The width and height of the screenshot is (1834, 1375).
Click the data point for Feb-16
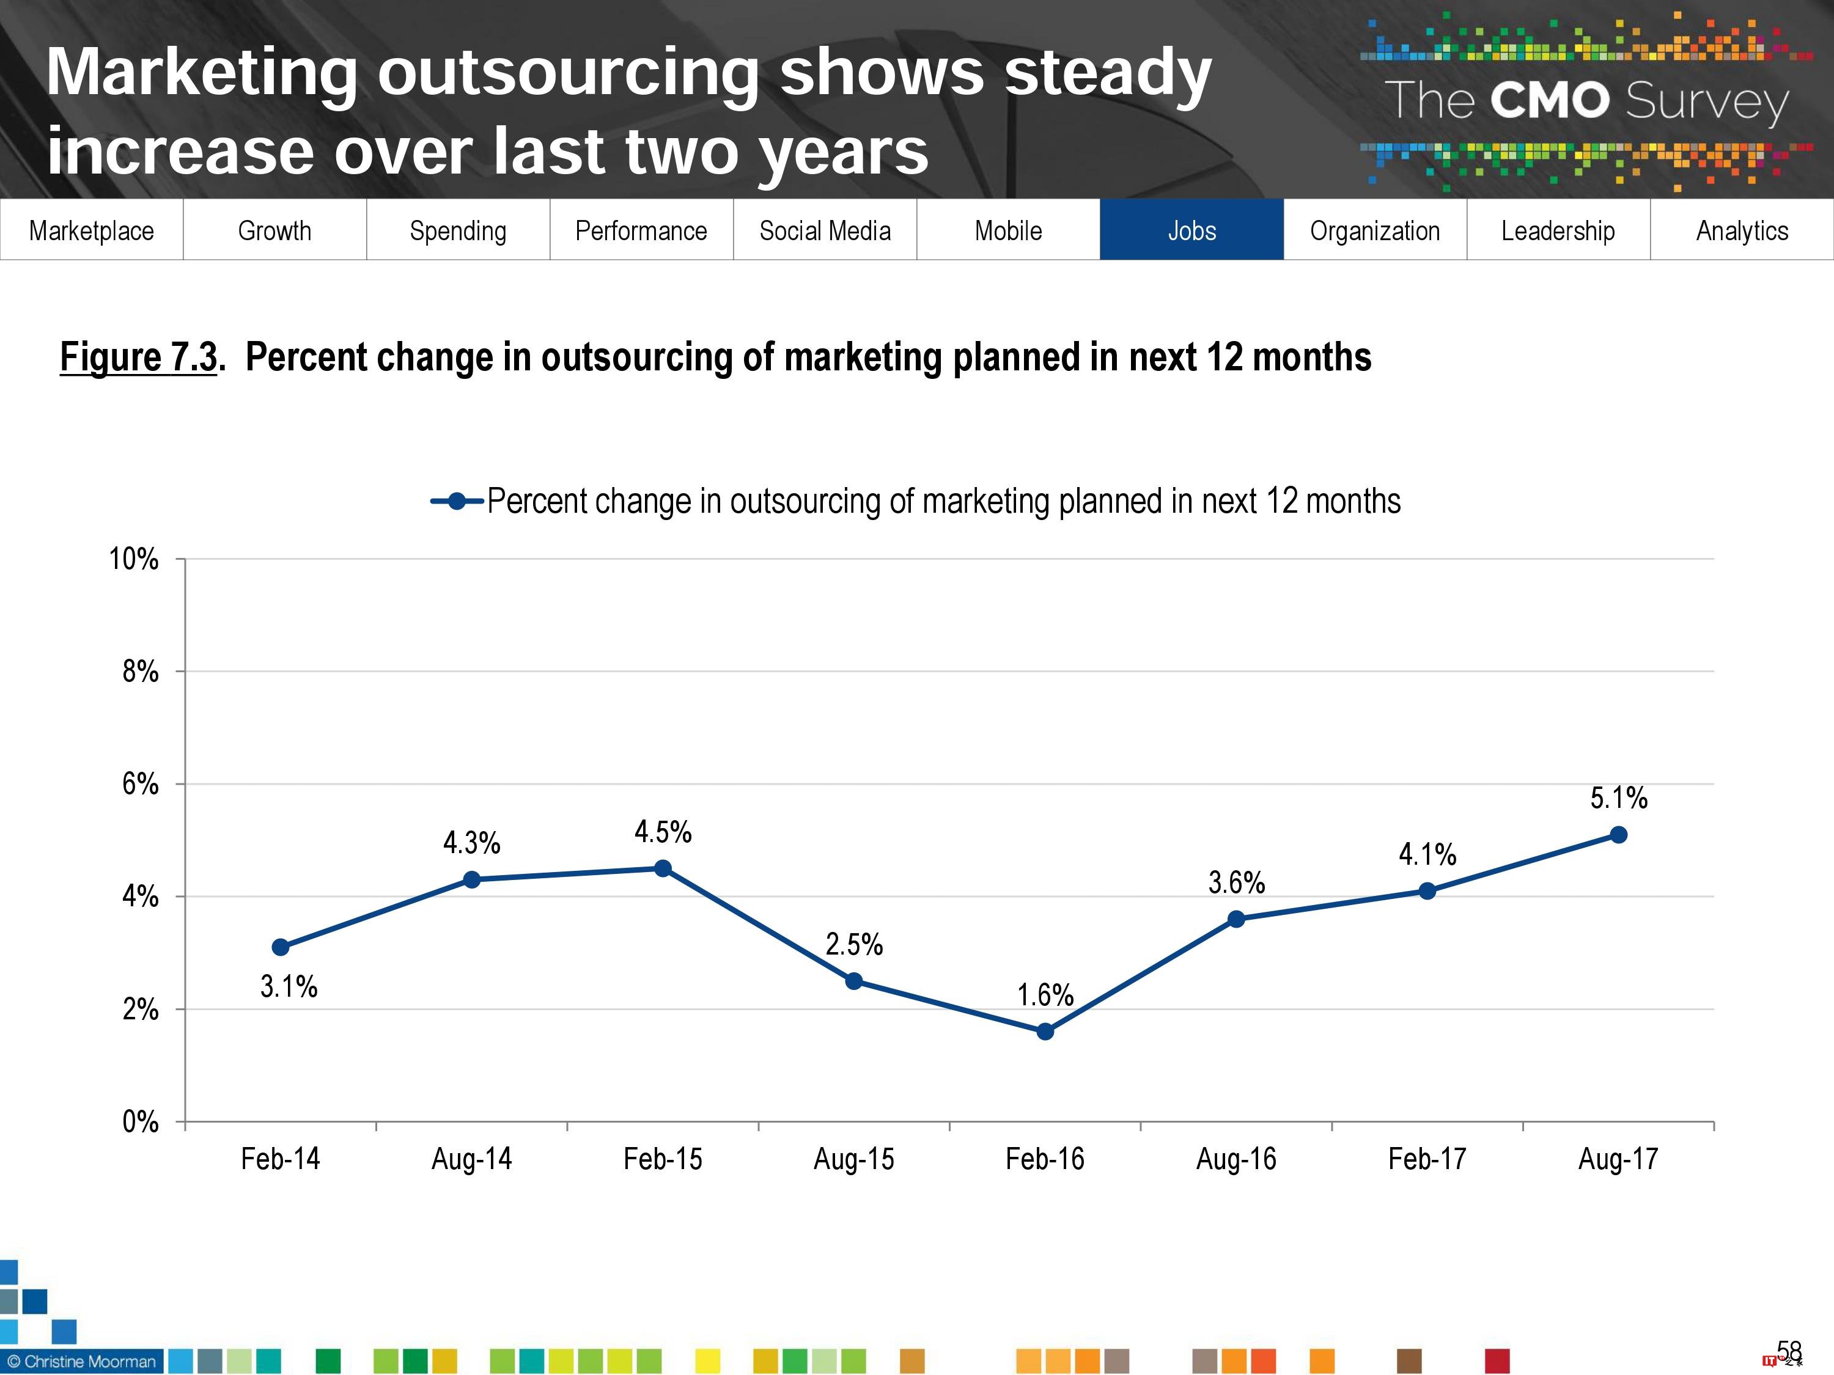tap(1045, 1031)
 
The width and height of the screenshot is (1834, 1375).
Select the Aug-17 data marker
tap(1618, 835)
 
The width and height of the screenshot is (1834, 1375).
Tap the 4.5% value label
tap(663, 831)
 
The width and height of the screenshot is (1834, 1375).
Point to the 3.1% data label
tap(289, 986)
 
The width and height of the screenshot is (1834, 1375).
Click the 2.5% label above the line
tap(854, 944)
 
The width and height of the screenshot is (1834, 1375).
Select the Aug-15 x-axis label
tap(854, 1159)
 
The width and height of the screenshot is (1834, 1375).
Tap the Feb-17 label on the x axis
tap(1427, 1159)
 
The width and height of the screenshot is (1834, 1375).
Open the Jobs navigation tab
tap(1191, 230)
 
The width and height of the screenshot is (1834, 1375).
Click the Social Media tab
tap(825, 230)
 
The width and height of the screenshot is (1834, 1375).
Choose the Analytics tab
tap(1742, 230)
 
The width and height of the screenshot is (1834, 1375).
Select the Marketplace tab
tap(91, 230)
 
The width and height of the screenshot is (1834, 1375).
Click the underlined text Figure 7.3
tap(138, 358)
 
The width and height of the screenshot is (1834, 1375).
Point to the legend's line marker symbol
tap(457, 502)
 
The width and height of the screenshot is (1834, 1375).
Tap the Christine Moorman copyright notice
tap(81, 1361)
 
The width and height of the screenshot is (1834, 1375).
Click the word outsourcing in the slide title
tap(567, 73)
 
